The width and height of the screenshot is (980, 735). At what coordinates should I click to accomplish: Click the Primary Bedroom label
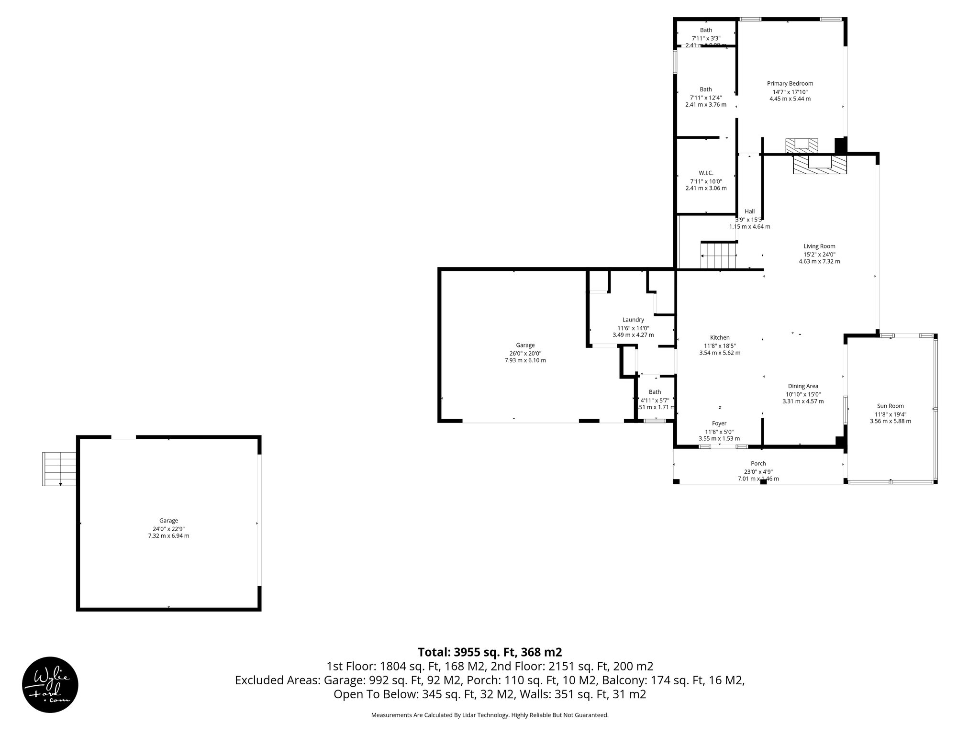pyautogui.click(x=790, y=83)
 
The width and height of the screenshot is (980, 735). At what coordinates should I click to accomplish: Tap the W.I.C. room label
pyautogui.click(x=706, y=173)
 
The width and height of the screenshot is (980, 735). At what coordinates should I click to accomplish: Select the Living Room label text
pyautogui.click(x=819, y=246)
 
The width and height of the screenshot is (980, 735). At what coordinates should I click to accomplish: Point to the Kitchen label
pyautogui.click(x=720, y=337)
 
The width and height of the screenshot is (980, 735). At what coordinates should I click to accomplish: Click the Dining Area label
pyautogui.click(x=803, y=386)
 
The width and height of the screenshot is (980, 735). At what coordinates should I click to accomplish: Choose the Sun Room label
pyautogui.click(x=890, y=406)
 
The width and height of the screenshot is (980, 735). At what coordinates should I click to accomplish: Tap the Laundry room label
pyautogui.click(x=633, y=320)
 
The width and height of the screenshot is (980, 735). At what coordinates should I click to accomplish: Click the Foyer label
pyautogui.click(x=719, y=423)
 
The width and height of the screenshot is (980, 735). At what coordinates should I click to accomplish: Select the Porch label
pyautogui.click(x=758, y=463)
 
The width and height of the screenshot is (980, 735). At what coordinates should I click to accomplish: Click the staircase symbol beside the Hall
pyautogui.click(x=718, y=256)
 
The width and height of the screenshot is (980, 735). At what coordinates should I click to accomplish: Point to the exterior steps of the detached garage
pyautogui.click(x=59, y=468)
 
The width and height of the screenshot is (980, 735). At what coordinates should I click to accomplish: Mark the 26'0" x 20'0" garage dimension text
pyautogui.click(x=525, y=353)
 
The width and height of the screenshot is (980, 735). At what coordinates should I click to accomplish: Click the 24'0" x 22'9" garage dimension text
pyautogui.click(x=168, y=528)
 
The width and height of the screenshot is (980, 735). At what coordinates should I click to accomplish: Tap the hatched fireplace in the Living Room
pyautogui.click(x=820, y=165)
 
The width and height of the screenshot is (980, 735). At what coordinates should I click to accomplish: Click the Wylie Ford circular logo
pyautogui.click(x=50, y=684)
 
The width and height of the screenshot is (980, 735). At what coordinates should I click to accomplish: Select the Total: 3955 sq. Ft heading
pyautogui.click(x=490, y=652)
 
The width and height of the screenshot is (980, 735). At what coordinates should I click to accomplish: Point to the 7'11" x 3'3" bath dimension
pyautogui.click(x=706, y=38)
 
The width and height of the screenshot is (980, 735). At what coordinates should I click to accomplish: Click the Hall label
pyautogui.click(x=749, y=212)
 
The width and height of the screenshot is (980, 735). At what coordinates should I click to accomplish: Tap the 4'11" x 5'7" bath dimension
pyautogui.click(x=655, y=400)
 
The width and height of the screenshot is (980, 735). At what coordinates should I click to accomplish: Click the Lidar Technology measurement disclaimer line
pyautogui.click(x=490, y=715)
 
